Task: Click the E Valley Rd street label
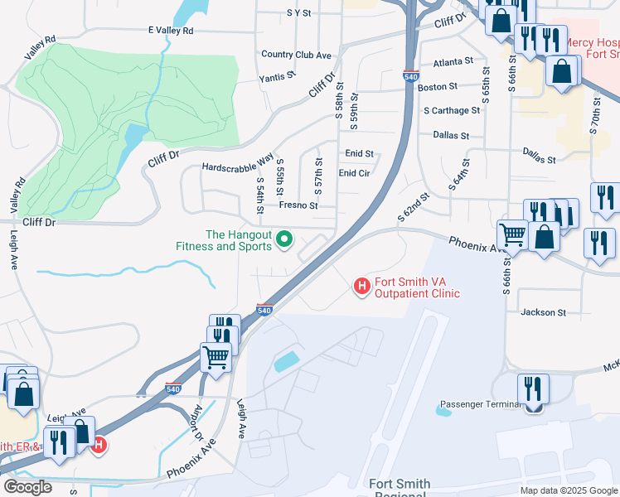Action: point(170,31)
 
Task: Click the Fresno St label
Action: point(298,205)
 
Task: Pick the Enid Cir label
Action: point(354,173)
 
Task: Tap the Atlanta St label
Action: point(453,61)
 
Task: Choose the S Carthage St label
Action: point(451,110)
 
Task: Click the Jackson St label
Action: point(543,312)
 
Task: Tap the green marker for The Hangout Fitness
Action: point(285,240)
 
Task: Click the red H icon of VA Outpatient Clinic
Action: point(361,287)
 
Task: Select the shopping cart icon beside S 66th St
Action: point(513,234)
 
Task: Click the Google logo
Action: point(27,487)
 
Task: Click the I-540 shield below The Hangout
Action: point(264,309)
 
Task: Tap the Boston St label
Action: point(438,86)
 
